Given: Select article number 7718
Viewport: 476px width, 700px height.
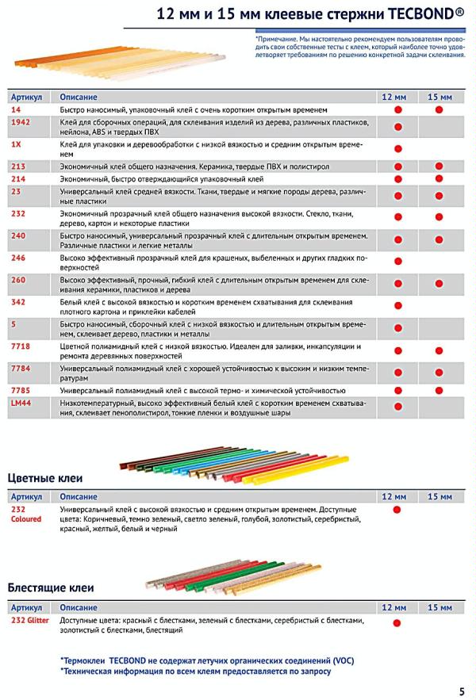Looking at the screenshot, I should point(21,346).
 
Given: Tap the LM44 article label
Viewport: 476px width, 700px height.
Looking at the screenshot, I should point(21,404).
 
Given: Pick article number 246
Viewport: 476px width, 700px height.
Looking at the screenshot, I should point(18,258).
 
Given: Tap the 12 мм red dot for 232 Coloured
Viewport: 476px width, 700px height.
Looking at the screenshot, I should point(398,511).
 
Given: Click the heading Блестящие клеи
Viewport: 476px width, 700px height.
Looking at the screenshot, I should point(51,588).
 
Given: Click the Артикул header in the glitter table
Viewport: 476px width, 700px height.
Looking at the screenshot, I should point(26,606).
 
